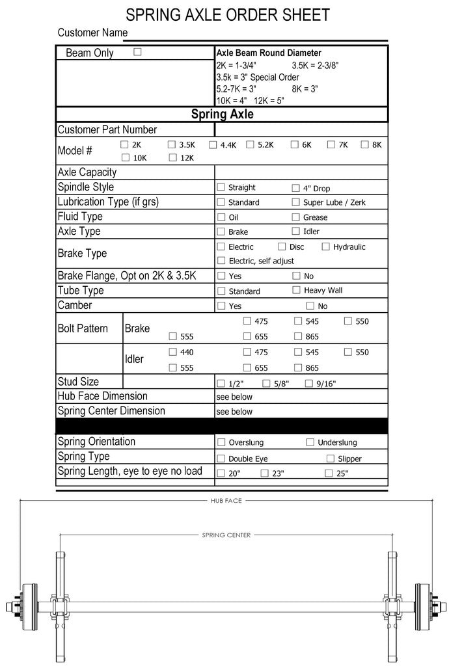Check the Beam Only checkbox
click(x=137, y=52)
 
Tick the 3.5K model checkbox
click(x=172, y=144)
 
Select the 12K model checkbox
click(x=173, y=157)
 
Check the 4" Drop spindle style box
click(x=296, y=188)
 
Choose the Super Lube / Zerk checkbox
click(x=296, y=202)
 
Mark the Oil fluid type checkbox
click(x=221, y=217)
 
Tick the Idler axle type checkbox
click(x=296, y=231)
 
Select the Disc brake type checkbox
click(x=282, y=246)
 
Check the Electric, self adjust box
click(x=221, y=261)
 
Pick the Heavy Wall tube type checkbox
click(x=297, y=290)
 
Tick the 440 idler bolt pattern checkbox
click(x=173, y=352)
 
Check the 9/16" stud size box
click(x=309, y=384)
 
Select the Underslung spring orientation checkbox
click(x=310, y=442)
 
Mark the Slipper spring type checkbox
click(x=331, y=459)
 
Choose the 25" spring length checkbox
click(x=329, y=473)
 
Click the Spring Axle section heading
click(x=222, y=114)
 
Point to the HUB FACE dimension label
click(x=225, y=501)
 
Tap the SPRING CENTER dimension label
click(x=226, y=535)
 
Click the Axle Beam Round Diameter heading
click(x=269, y=53)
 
